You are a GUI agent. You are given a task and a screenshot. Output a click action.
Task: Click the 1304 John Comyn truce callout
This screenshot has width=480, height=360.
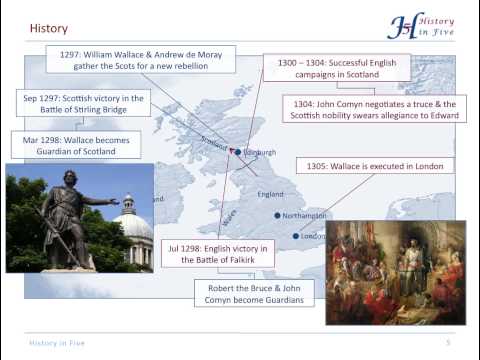point(376,110)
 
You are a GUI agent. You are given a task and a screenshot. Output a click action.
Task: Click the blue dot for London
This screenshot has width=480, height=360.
point(296,236)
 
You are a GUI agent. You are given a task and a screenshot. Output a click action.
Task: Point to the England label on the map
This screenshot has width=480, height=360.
point(271,193)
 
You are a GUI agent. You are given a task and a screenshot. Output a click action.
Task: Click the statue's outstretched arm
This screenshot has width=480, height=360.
point(101,201)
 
